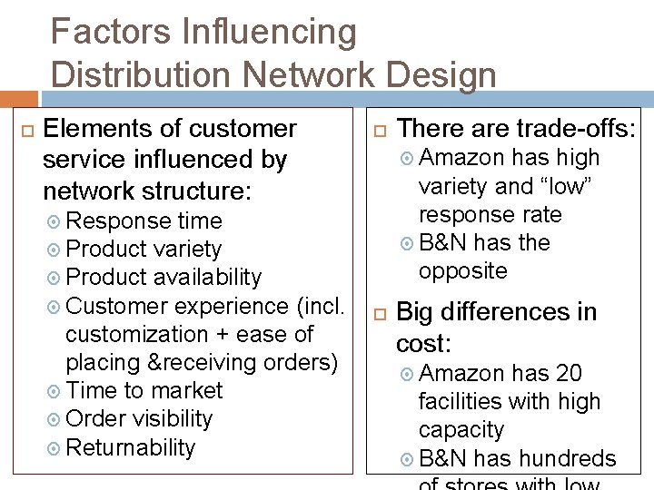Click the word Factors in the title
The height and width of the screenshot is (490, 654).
tap(97, 33)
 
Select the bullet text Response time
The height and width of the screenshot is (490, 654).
tap(144, 220)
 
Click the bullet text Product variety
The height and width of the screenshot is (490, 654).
tap(144, 249)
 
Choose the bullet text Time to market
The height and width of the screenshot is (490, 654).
tap(144, 390)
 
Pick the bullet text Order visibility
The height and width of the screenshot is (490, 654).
tap(139, 418)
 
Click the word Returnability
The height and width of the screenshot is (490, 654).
tap(131, 447)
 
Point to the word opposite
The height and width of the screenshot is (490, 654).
tap(462, 270)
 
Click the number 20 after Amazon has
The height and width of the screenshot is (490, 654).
tap(569, 373)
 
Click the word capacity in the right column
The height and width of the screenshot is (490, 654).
tap(461, 429)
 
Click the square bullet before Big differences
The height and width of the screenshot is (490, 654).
tap(381, 314)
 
